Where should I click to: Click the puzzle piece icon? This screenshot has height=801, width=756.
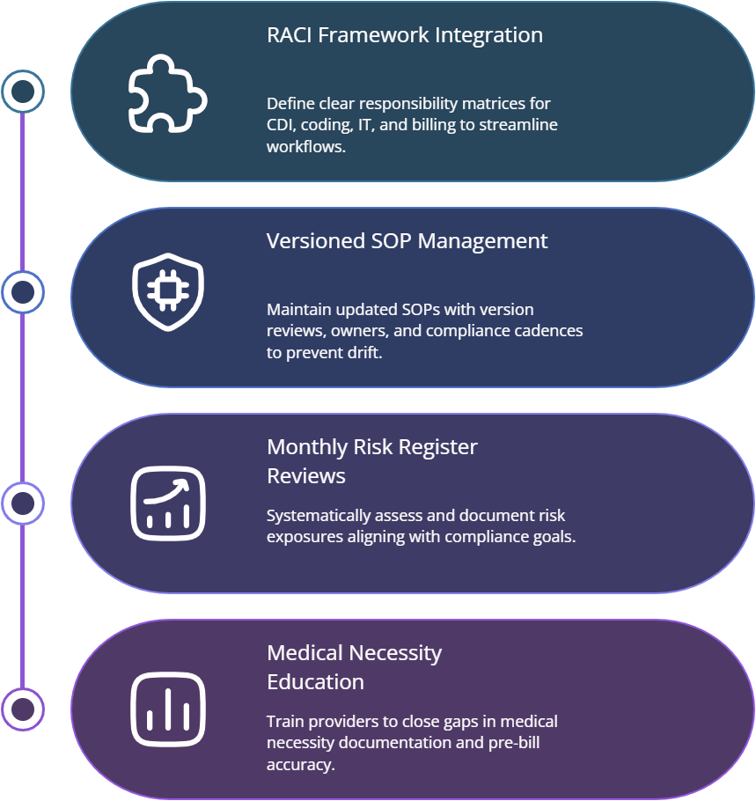click(x=167, y=93)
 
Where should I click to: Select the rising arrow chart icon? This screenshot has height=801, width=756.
click(x=167, y=503)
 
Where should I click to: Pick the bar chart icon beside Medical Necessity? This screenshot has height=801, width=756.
click(x=167, y=709)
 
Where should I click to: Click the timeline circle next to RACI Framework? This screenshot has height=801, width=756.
click(x=23, y=91)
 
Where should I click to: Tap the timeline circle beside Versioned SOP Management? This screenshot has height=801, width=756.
click(x=23, y=292)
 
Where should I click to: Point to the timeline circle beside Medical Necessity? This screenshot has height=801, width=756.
click(x=23, y=709)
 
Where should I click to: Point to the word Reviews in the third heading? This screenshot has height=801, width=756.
click(x=306, y=476)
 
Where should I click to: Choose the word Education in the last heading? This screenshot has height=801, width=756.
click(x=315, y=682)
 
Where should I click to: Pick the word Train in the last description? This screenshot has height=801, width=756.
click(x=284, y=722)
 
